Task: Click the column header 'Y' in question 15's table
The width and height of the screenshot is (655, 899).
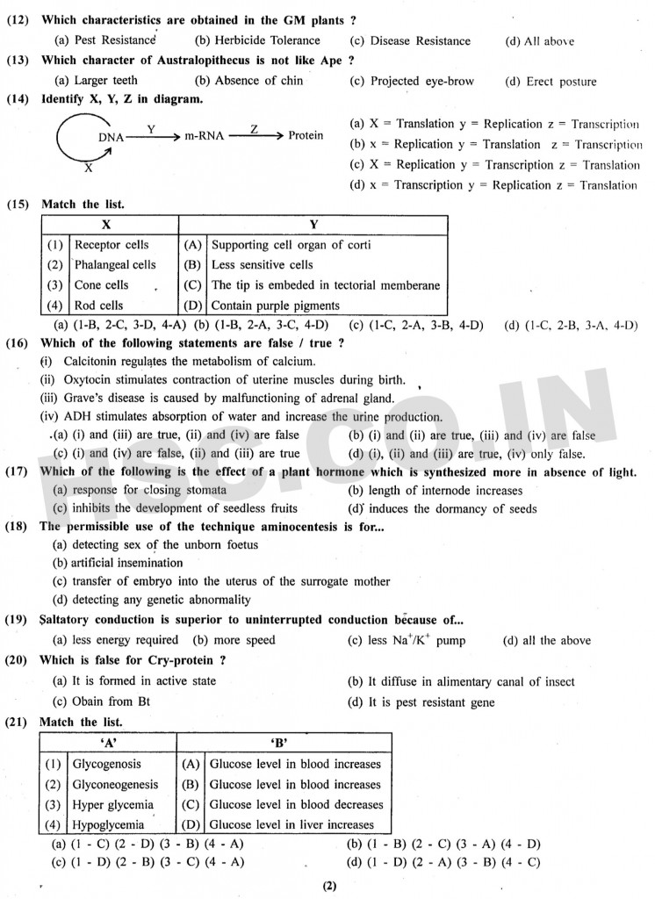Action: click(x=313, y=224)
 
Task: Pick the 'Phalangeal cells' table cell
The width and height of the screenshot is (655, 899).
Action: click(x=115, y=264)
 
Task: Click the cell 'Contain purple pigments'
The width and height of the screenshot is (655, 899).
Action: click(x=275, y=306)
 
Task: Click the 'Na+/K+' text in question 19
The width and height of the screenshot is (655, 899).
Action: click(x=411, y=640)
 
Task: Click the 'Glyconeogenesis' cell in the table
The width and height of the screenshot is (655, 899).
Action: click(x=115, y=784)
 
